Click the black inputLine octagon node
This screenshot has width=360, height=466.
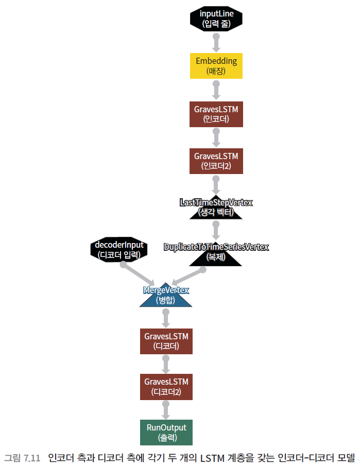click(x=216, y=18)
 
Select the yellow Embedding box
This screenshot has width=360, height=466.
click(x=216, y=66)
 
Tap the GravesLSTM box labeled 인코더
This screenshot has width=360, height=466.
click(x=216, y=114)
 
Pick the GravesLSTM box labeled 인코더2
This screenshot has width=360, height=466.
click(x=216, y=161)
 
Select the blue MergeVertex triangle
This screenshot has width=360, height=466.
click(x=166, y=297)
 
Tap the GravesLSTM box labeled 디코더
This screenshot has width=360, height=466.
click(x=166, y=341)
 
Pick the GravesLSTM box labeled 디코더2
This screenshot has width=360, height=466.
click(x=166, y=387)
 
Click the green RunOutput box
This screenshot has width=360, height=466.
click(x=166, y=433)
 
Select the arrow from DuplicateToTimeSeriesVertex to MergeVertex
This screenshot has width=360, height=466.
click(x=191, y=274)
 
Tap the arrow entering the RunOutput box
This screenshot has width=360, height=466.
click(x=166, y=410)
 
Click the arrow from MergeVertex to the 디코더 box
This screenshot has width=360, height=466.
click(x=166, y=318)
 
